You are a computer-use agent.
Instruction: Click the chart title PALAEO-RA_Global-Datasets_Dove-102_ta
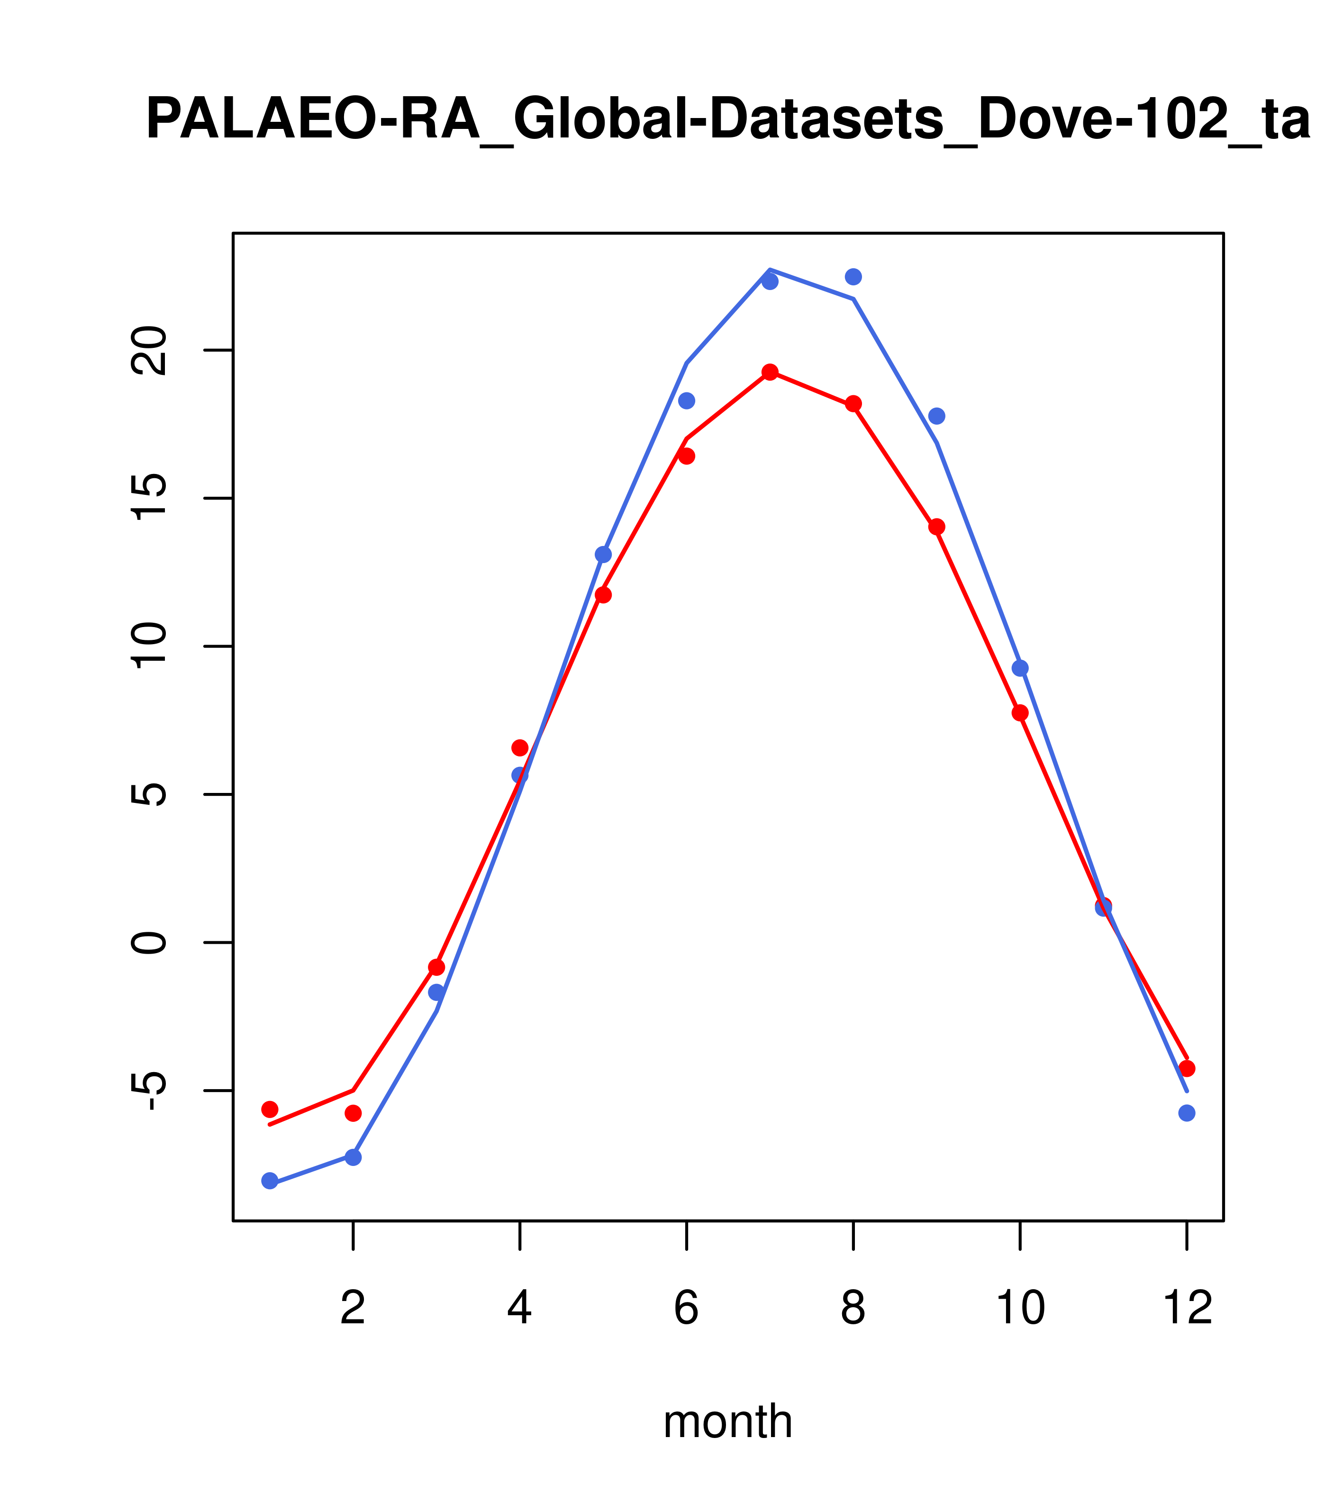click(x=727, y=120)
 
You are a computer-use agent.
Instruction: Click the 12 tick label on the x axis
click(x=1187, y=1308)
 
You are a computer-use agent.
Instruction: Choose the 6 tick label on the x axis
click(x=687, y=1308)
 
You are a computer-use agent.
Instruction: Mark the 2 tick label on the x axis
click(x=354, y=1308)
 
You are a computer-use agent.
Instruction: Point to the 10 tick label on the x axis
click(x=1020, y=1308)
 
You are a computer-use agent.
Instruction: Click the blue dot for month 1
click(x=270, y=1181)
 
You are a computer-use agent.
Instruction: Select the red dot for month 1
click(x=270, y=1109)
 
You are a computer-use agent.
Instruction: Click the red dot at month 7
click(x=770, y=372)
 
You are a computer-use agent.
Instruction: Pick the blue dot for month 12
click(x=1187, y=1112)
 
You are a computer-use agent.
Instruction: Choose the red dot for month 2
click(x=354, y=1112)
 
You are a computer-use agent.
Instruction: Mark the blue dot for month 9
click(x=936, y=416)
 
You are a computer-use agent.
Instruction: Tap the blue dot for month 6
click(x=687, y=401)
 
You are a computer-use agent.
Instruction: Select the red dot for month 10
click(x=1020, y=713)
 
